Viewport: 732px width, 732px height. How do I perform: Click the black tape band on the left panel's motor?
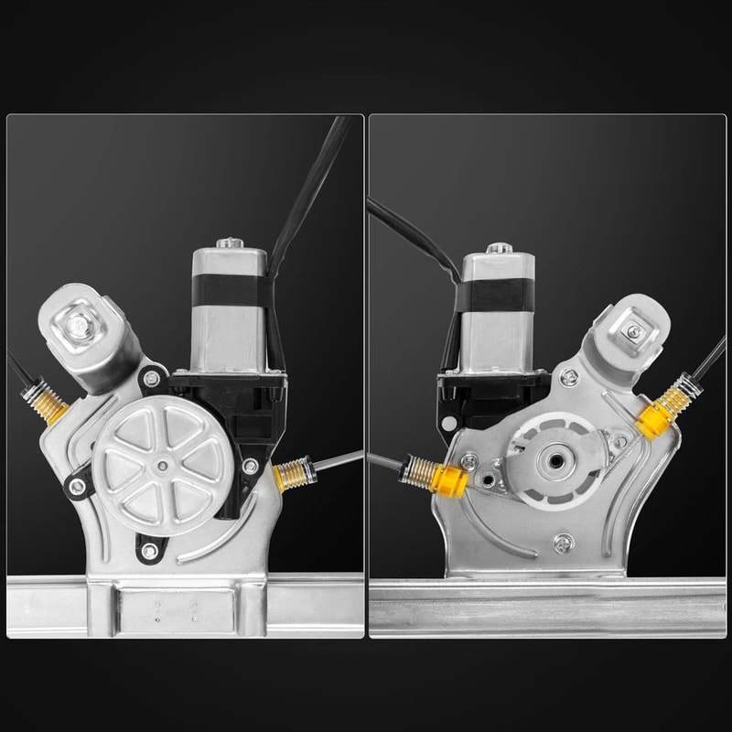pyautogui.click(x=229, y=294)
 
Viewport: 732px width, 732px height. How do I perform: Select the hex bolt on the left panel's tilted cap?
pyautogui.click(x=79, y=323)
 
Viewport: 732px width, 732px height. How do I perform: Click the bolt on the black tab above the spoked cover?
pyautogui.click(x=152, y=378)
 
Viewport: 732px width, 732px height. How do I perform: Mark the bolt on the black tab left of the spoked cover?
pyautogui.click(x=78, y=486)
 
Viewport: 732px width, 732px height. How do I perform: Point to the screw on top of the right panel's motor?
pyautogui.click(x=497, y=248)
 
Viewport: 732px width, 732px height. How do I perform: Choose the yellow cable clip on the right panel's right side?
pyautogui.click(x=655, y=420)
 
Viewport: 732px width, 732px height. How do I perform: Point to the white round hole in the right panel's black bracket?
pyautogui.click(x=447, y=424)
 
